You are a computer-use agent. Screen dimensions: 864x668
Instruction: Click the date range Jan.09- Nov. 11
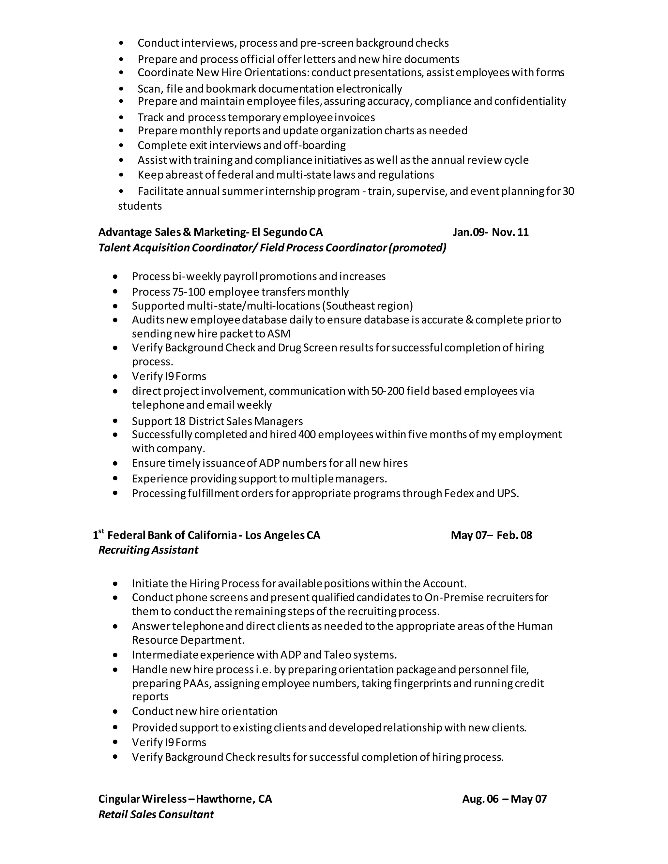490,232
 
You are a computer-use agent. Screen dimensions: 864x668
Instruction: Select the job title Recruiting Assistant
148,550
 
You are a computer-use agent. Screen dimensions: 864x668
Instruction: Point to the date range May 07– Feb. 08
491,535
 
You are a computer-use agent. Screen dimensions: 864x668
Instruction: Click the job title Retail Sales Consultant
156,814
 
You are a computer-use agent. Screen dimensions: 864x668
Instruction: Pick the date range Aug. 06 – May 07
504,799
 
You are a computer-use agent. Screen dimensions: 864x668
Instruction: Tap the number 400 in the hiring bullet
307,434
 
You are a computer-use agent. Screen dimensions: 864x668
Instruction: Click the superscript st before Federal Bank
101,531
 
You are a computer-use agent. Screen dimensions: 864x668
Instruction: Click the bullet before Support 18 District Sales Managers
115,421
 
